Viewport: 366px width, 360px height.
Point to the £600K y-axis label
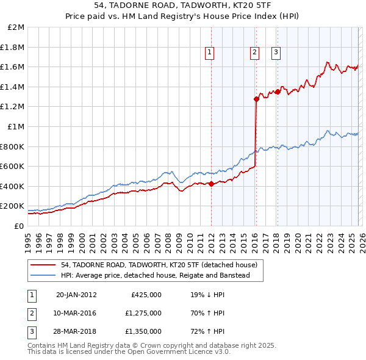point(13,166)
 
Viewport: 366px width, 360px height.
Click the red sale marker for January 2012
point(211,184)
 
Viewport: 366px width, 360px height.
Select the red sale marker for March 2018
point(278,92)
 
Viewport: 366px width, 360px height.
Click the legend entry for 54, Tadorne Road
point(159,265)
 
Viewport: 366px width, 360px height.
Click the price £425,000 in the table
point(146,295)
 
